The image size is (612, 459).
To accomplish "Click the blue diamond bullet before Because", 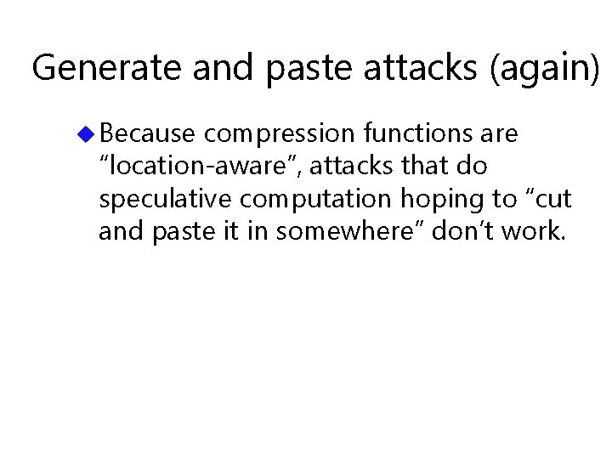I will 87,133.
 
